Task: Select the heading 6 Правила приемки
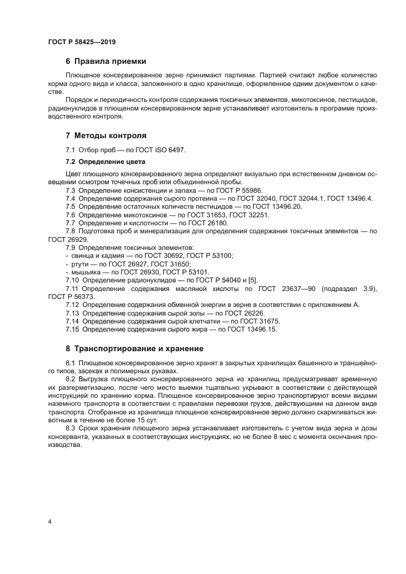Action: pos(105,61)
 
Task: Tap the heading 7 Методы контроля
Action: pos(106,135)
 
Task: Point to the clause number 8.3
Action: pos(71,429)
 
